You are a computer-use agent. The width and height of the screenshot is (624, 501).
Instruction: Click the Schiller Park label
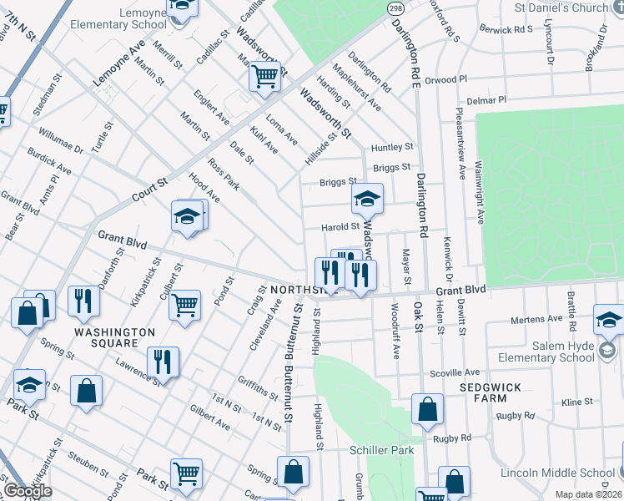[x=381, y=450]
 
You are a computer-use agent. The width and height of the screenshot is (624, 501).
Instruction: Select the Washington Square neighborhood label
[x=114, y=337]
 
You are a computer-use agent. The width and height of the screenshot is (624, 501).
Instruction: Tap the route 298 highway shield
[x=395, y=8]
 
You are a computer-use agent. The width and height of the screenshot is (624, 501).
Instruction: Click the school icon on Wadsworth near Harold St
[x=366, y=200]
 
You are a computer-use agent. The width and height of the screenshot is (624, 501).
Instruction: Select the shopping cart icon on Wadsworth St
[x=265, y=77]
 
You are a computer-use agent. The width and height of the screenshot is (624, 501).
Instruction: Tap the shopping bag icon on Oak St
[x=427, y=409]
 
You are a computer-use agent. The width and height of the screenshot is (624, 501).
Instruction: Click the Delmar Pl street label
[x=487, y=100]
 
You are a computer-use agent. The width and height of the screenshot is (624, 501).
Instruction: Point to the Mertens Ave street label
[x=537, y=319]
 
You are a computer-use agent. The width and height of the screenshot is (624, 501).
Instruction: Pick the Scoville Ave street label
[x=455, y=372]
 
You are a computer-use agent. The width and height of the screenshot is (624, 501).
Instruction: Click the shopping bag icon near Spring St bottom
[x=293, y=472]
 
